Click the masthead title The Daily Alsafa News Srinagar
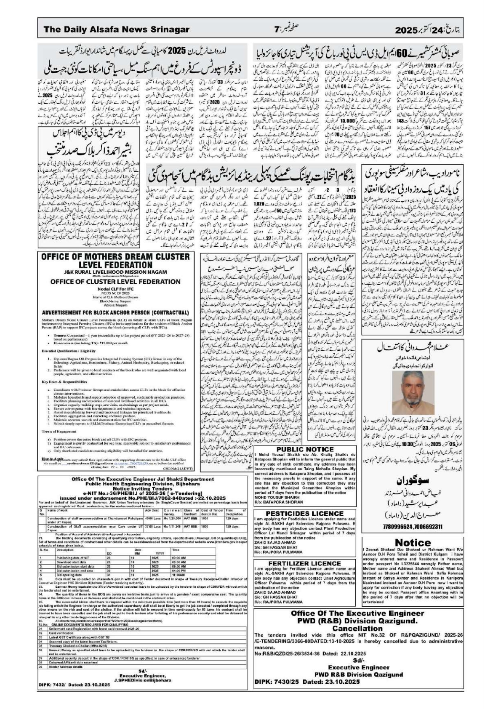click(x=116, y=30)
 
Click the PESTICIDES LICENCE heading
click(x=305, y=513)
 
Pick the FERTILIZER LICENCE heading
click(x=305, y=563)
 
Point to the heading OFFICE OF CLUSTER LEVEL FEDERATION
click(x=116, y=281)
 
